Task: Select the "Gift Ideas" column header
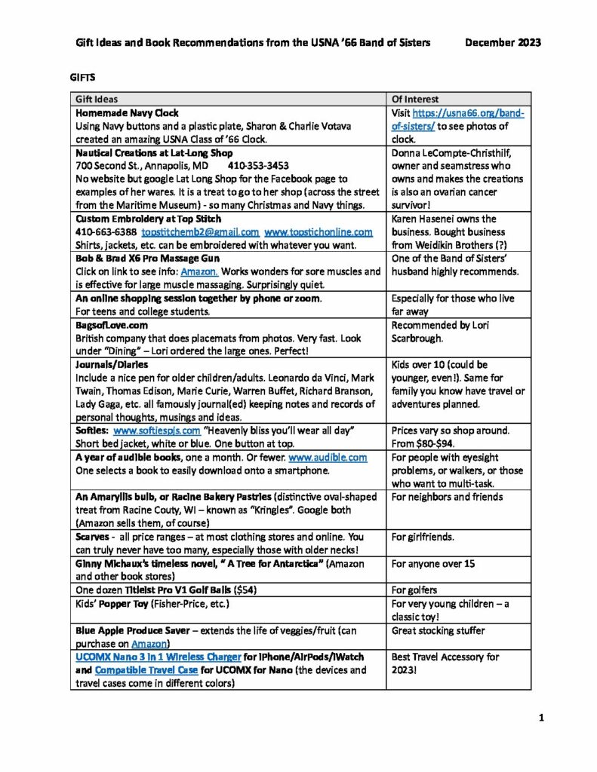click(x=96, y=99)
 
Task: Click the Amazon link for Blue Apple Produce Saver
click(x=149, y=643)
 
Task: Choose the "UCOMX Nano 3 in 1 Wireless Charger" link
click(x=158, y=657)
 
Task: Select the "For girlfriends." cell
click(x=423, y=538)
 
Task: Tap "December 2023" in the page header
click(x=503, y=43)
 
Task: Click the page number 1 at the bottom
click(x=541, y=718)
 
